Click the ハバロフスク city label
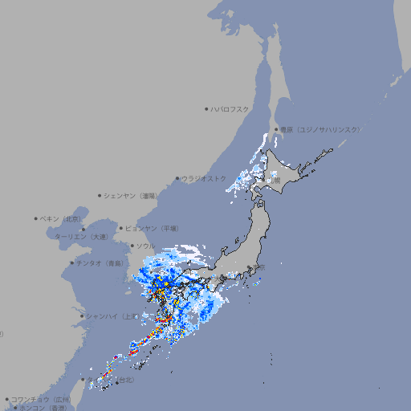point(230,108)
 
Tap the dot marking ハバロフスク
point(206,108)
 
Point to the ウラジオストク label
point(204,178)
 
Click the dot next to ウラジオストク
point(177,179)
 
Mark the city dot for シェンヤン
point(100,195)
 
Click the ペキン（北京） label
point(62,218)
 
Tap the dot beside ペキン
point(36,218)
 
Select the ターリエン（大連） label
point(81,237)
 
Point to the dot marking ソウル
point(131,246)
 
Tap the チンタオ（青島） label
point(100,262)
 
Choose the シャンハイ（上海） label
point(112,315)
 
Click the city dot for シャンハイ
point(82,315)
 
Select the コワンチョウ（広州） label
point(41,399)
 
